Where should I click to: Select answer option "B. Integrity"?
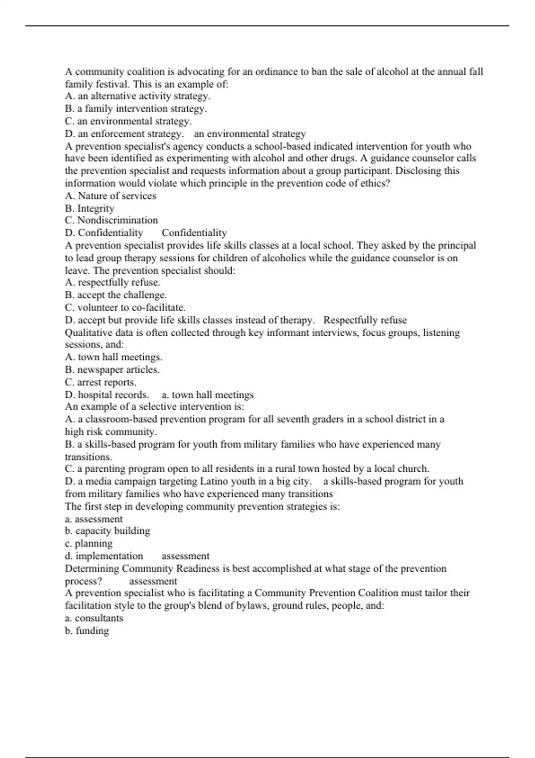click(x=90, y=208)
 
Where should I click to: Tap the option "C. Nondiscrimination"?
click(x=111, y=220)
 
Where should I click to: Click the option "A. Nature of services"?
click(x=111, y=196)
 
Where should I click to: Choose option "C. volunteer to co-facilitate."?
click(x=125, y=308)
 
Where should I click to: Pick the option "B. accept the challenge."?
click(x=116, y=295)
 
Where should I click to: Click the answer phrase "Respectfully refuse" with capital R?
click(x=365, y=320)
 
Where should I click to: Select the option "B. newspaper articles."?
click(x=112, y=370)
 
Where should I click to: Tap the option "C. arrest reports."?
click(x=101, y=382)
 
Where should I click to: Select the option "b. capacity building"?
click(x=107, y=531)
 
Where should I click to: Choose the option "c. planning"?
click(x=89, y=544)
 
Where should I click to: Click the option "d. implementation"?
click(x=104, y=556)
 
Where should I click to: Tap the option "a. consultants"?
click(x=94, y=618)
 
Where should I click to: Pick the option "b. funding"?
click(x=87, y=630)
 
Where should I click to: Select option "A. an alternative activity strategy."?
click(x=138, y=96)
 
